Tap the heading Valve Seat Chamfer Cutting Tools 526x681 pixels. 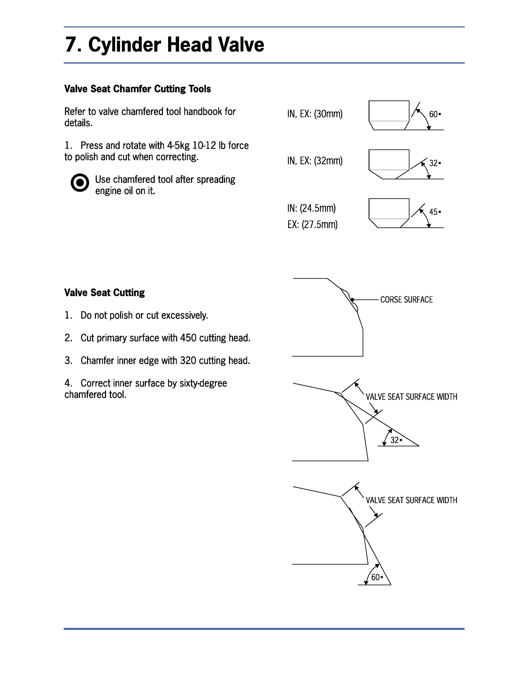point(137,89)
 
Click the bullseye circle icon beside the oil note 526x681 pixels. point(80,183)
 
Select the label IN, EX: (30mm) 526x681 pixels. point(315,114)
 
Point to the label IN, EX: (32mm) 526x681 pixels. point(315,161)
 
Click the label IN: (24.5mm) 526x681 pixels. point(311,208)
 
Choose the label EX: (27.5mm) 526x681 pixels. point(312,225)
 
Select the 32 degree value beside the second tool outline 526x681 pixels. point(433,163)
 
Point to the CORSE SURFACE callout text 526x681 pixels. point(406,300)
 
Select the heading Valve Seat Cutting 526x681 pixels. point(104,292)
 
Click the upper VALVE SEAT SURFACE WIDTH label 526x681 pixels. point(411,397)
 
